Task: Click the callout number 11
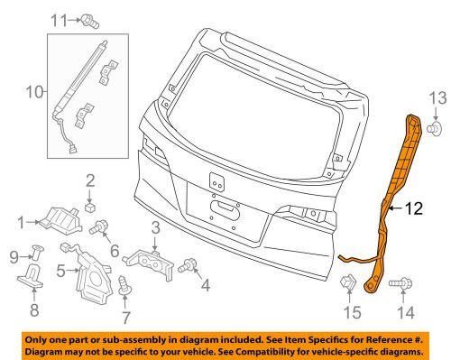click(59, 21)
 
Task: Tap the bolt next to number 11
click(90, 22)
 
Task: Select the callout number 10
click(35, 92)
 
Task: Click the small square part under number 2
click(90, 207)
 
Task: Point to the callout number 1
click(21, 223)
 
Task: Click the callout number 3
click(155, 228)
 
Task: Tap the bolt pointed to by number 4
click(187, 264)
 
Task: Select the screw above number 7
click(124, 284)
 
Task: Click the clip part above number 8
click(30, 275)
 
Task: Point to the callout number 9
click(14, 257)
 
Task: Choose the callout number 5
click(60, 271)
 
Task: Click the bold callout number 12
click(414, 208)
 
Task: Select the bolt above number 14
click(400, 283)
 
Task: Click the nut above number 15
click(348, 282)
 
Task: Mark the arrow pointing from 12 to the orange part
click(396, 208)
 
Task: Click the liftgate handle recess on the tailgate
click(225, 209)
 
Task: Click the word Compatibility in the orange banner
click(262, 351)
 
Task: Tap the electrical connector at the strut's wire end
click(73, 150)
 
